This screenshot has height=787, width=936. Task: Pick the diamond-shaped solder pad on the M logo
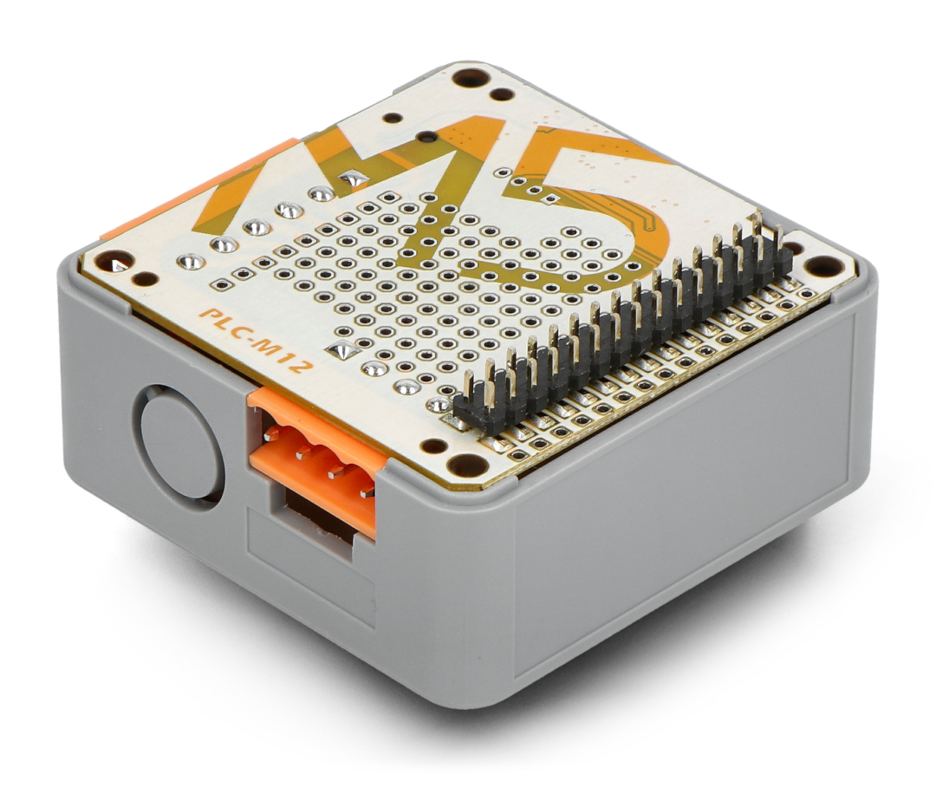pyautogui.click(x=352, y=178)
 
